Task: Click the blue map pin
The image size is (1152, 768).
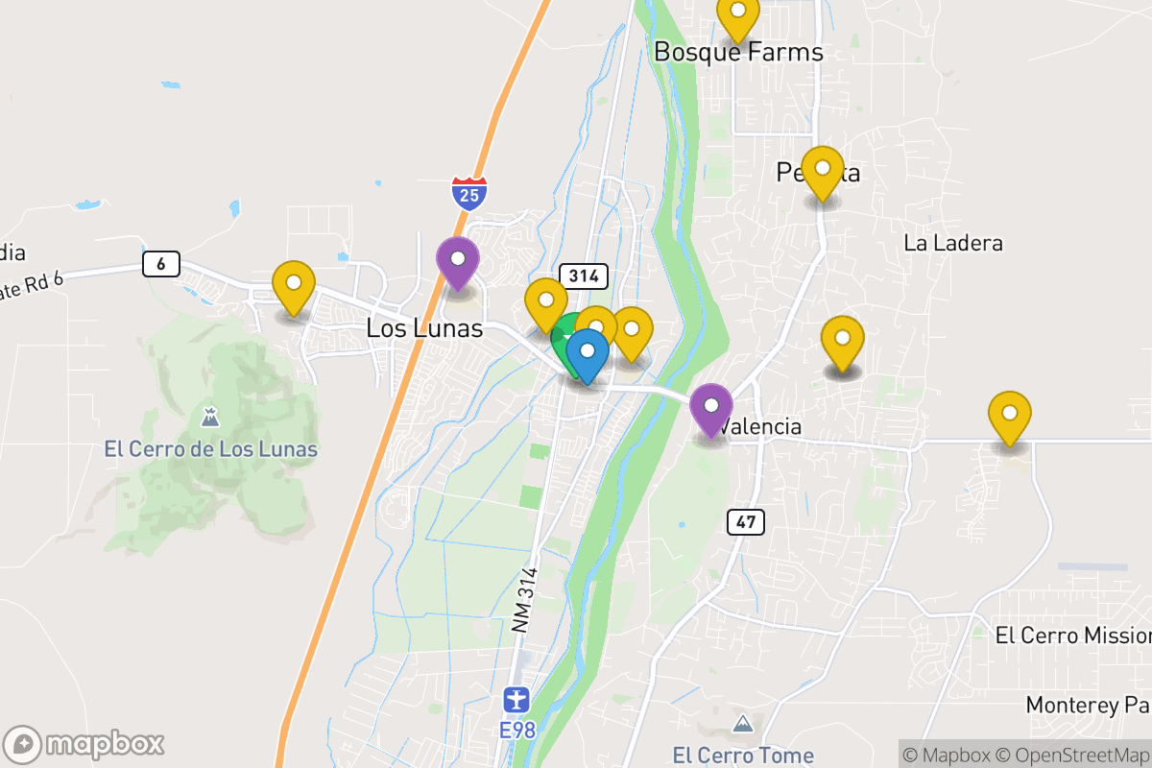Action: (588, 353)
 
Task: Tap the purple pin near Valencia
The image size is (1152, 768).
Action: (711, 407)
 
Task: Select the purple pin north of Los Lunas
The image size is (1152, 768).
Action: (458, 261)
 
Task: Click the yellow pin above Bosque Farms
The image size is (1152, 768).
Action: (738, 14)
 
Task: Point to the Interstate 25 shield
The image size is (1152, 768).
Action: (469, 192)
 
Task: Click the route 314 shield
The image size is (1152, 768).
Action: (584, 276)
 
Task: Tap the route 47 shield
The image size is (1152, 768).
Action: (745, 521)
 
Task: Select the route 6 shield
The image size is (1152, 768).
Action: (161, 263)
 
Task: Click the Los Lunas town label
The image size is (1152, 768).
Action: (423, 328)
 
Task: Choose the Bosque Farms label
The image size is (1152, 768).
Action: (738, 52)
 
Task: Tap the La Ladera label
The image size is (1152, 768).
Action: (952, 243)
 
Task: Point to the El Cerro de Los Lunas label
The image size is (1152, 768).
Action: (210, 448)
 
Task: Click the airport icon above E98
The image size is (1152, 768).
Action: (516, 698)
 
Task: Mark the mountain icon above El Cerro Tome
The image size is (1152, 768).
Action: (742, 723)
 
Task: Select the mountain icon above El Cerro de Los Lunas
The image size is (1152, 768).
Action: (209, 418)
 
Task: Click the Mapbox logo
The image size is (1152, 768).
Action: (84, 743)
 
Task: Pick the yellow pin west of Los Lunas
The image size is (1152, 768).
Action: (293, 286)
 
